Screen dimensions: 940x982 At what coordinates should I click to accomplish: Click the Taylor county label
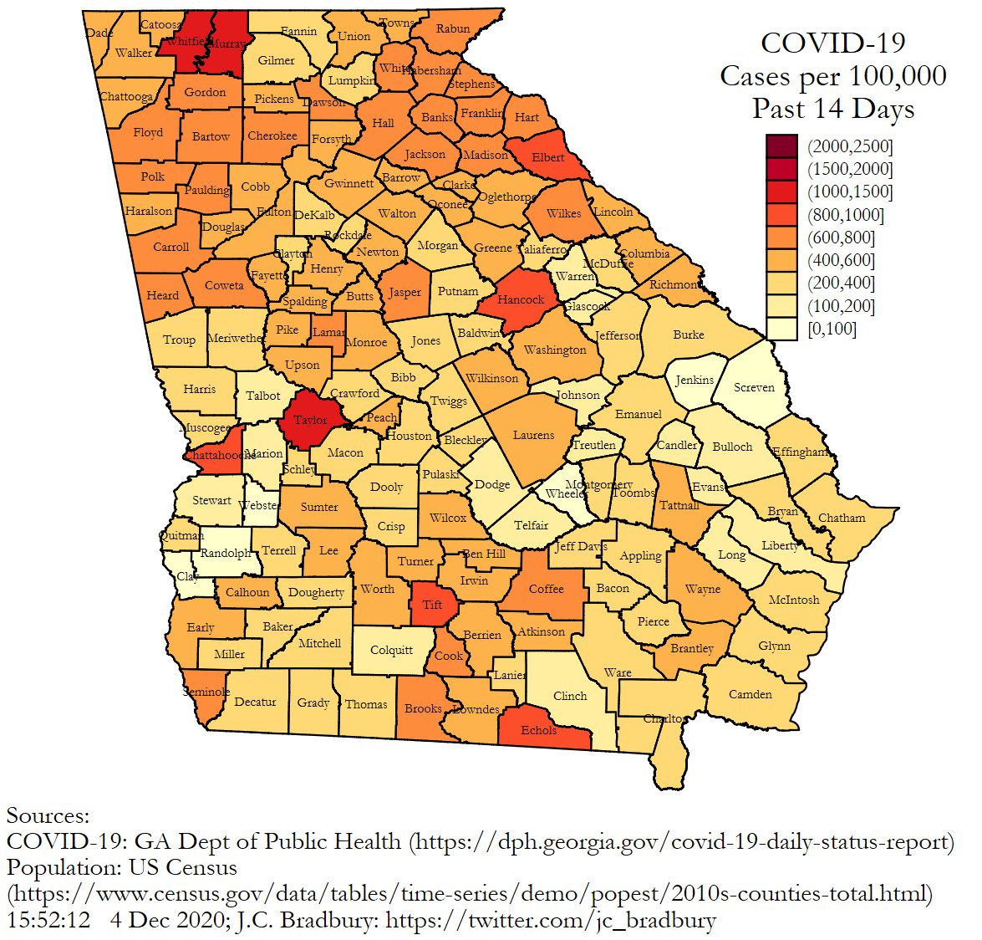click(310, 420)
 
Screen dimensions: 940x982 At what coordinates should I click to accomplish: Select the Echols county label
click(538, 730)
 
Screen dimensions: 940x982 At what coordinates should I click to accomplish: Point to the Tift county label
click(432, 605)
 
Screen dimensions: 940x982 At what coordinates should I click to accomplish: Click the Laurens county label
click(533, 435)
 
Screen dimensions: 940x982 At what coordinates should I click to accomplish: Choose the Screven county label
click(754, 387)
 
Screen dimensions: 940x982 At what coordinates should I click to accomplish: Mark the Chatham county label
click(842, 518)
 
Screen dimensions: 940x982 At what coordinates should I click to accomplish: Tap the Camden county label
click(750, 694)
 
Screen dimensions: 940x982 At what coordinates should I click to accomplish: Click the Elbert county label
click(548, 157)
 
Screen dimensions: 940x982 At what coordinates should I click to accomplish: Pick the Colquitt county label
click(391, 650)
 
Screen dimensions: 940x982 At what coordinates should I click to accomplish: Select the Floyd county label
click(148, 132)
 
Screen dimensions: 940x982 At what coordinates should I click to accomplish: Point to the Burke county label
click(689, 335)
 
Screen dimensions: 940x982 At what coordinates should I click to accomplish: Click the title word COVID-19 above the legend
click(832, 43)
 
